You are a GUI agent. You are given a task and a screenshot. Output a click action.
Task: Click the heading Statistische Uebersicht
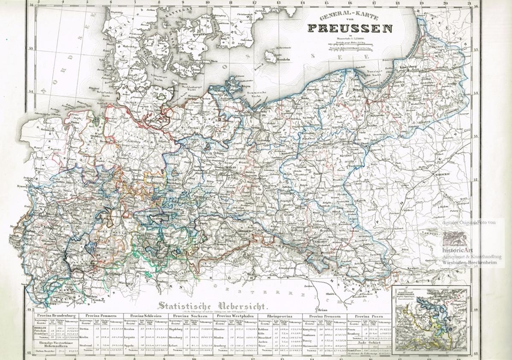212,306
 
